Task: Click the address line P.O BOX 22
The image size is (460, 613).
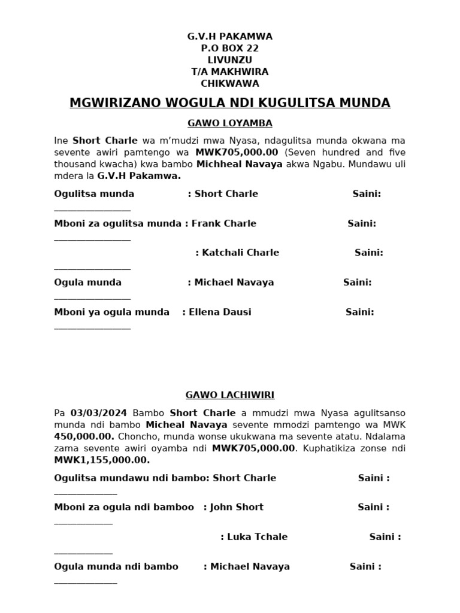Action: [229, 48]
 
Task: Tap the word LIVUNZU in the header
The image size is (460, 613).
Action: [229, 60]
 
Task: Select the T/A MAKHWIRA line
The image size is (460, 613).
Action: [229, 72]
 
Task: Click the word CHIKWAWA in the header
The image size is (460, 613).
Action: [229, 83]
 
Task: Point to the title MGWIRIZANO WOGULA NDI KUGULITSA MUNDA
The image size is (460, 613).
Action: [229, 103]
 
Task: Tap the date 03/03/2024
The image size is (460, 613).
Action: [99, 413]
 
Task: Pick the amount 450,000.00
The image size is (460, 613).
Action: [84, 436]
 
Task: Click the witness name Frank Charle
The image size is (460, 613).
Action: [223, 223]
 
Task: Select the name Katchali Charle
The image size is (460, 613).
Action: [240, 253]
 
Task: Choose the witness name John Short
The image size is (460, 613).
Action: [237, 507]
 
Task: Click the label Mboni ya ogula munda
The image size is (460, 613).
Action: [111, 312]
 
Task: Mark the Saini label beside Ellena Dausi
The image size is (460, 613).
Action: [359, 312]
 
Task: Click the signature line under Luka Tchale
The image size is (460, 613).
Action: [83, 553]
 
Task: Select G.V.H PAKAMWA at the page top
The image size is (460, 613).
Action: [229, 37]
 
